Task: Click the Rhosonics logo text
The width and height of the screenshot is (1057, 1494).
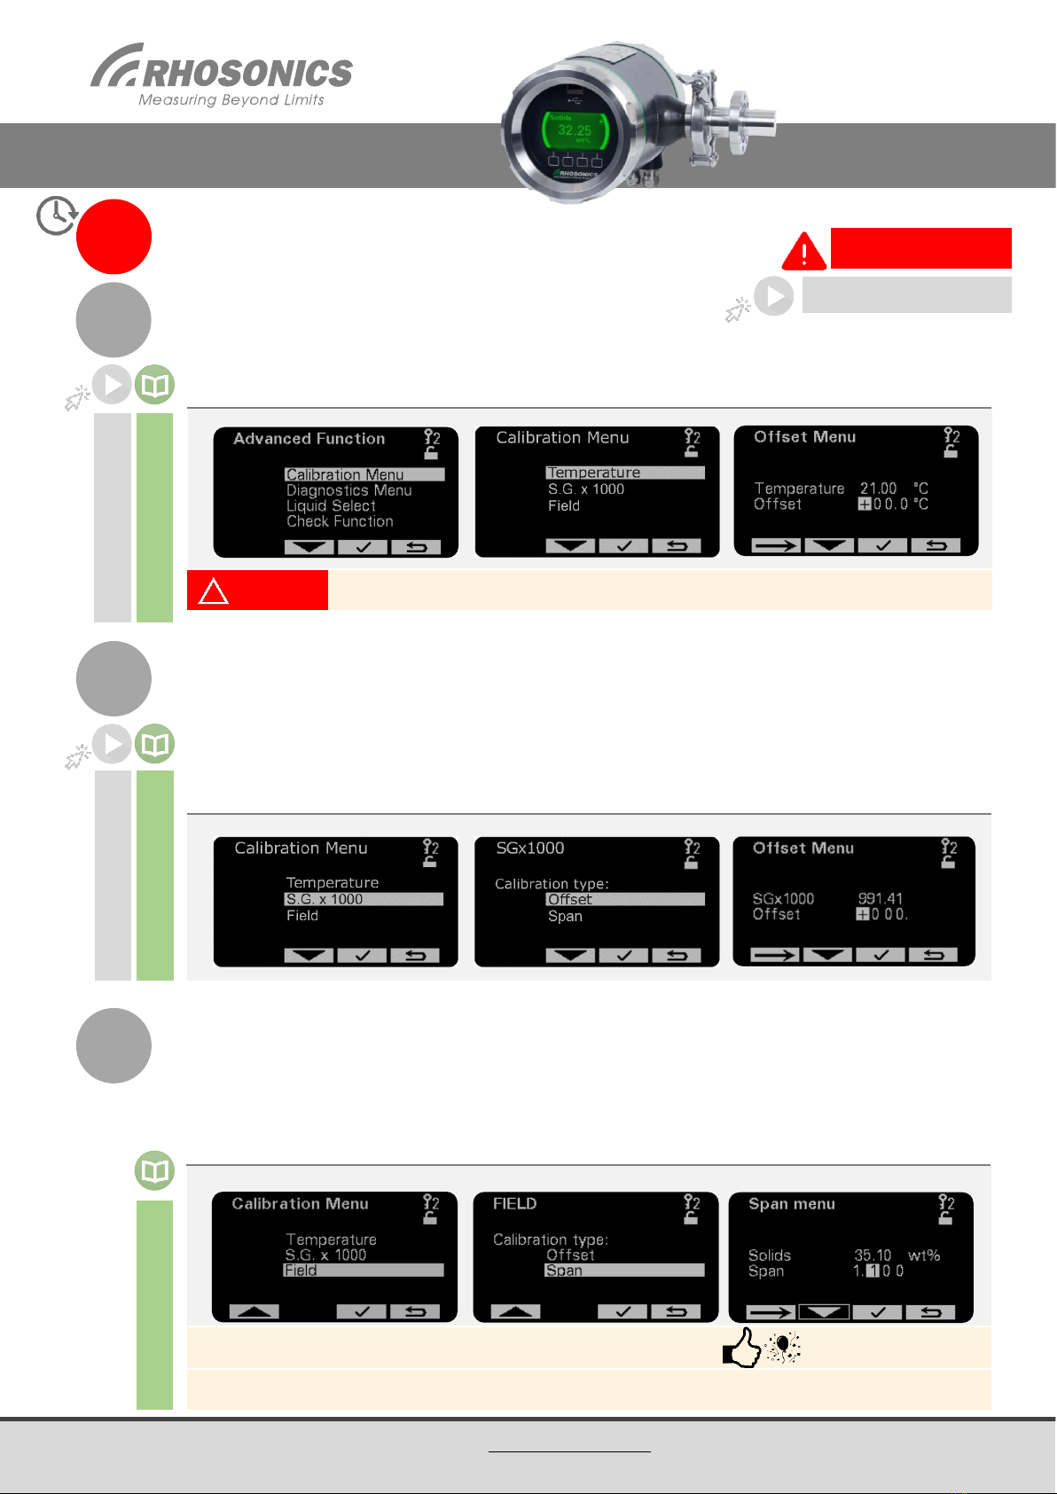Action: tap(247, 73)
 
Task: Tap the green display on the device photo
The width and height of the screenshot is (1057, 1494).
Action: tap(575, 131)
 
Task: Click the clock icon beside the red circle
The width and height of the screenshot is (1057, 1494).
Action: tap(56, 215)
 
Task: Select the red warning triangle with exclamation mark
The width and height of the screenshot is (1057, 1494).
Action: tap(803, 251)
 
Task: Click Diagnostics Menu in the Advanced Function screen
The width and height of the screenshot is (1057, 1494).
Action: tap(348, 490)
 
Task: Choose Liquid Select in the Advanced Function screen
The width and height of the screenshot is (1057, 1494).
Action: tap(331, 506)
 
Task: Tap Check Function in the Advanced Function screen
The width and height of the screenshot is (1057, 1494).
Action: tap(340, 521)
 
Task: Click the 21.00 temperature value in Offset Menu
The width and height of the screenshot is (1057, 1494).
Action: tap(878, 489)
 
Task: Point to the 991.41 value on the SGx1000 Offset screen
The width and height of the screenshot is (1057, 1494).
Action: tap(880, 898)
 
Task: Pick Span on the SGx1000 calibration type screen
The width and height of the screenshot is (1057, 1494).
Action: tap(565, 916)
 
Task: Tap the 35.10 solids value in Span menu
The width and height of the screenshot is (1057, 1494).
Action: tap(873, 1255)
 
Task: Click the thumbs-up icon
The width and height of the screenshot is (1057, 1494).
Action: tap(742, 1348)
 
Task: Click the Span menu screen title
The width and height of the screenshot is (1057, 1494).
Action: tap(791, 1204)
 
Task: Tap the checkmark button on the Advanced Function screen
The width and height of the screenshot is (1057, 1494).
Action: tap(362, 547)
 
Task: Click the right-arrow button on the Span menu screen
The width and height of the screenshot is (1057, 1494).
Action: tap(770, 1312)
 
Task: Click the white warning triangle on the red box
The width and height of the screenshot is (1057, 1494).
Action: tap(214, 591)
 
